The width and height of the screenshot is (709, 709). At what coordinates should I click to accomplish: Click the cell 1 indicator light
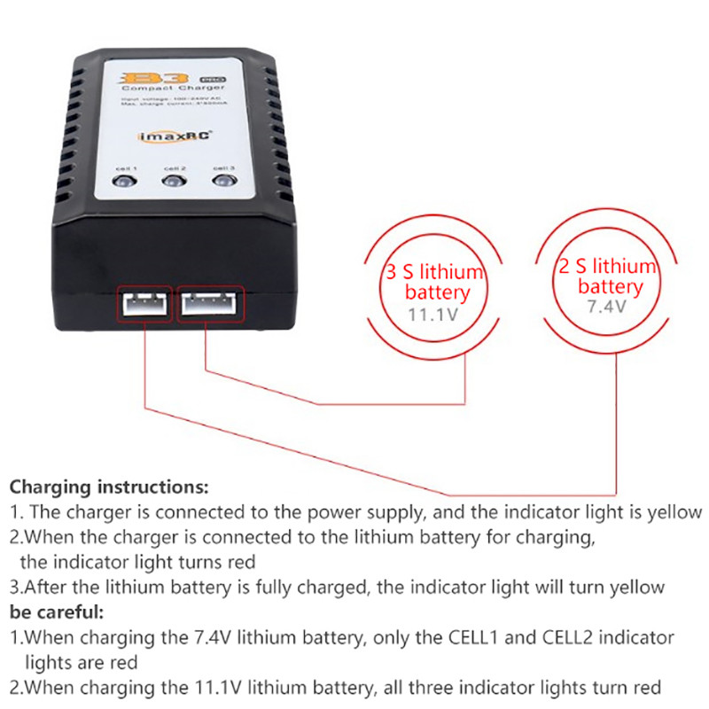click(x=123, y=183)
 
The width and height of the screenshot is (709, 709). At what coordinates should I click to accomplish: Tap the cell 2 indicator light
click(x=174, y=183)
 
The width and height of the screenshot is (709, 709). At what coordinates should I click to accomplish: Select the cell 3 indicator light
click(x=223, y=183)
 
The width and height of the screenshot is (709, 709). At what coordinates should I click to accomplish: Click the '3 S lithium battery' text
click(x=435, y=282)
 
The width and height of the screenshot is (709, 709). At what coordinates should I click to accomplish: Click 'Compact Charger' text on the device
click(x=174, y=89)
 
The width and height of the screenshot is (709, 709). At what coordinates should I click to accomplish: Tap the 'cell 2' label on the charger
click(x=175, y=167)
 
